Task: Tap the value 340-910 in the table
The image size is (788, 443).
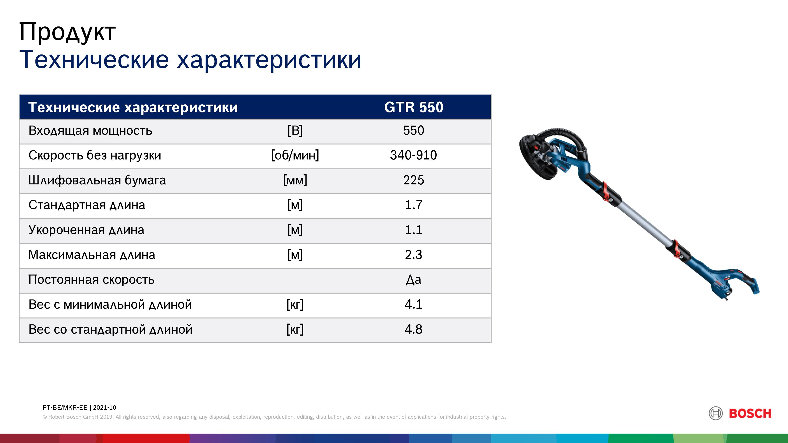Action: click(x=413, y=155)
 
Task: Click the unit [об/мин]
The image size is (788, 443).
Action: click(x=295, y=155)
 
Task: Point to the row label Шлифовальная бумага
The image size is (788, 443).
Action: click(x=97, y=180)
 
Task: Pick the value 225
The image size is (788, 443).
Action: click(x=414, y=180)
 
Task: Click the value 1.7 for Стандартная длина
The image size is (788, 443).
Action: click(x=414, y=205)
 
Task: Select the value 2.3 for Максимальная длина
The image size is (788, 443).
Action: click(x=414, y=255)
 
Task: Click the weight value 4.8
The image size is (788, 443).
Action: click(x=414, y=329)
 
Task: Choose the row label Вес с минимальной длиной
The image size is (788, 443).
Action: click(x=110, y=305)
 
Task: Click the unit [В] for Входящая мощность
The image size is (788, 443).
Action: click(x=295, y=131)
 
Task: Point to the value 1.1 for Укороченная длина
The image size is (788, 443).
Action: click(x=414, y=230)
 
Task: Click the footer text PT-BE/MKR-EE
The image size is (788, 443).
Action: click(x=65, y=408)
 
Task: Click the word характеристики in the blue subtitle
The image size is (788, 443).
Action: click(x=269, y=60)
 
